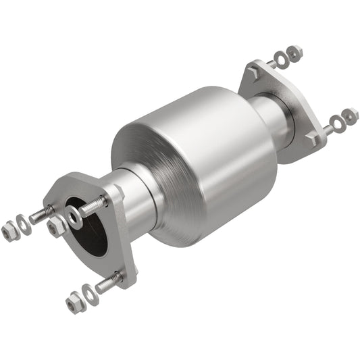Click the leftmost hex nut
click(9, 231)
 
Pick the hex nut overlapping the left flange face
click(57, 227)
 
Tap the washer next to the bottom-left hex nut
click(89, 292)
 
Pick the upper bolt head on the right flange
click(255, 69)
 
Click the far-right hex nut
click(350, 115)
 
